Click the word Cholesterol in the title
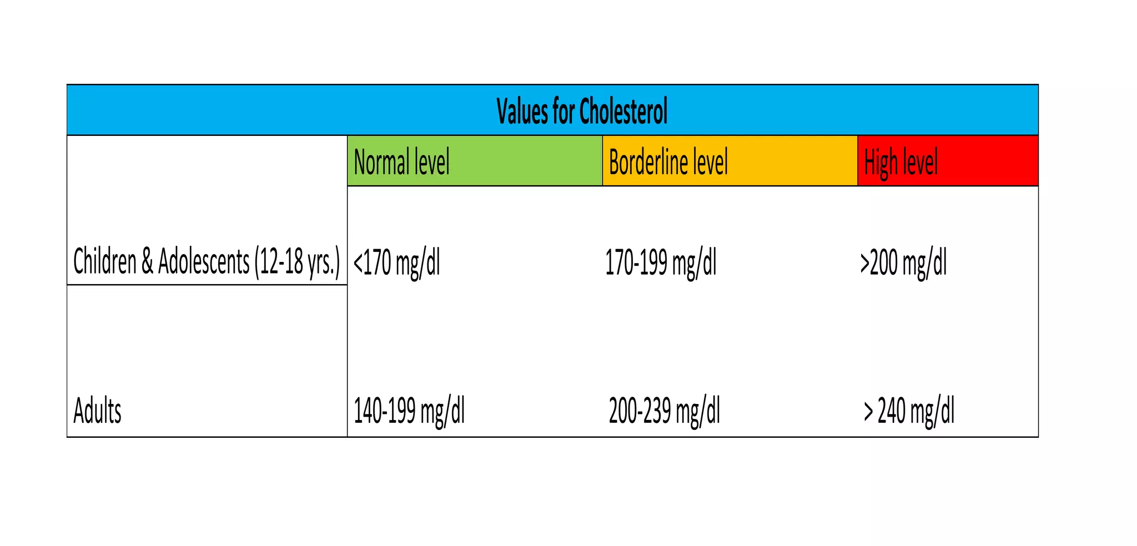coord(623,112)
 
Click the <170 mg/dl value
coord(396,262)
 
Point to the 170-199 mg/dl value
coord(661,262)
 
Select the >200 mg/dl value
coord(903,262)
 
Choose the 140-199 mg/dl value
coord(409,411)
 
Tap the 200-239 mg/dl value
coord(665,411)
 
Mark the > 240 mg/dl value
coord(909,411)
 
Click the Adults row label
coord(97,411)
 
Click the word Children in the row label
coord(105,261)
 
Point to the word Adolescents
coord(204,261)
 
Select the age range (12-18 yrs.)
coord(297,262)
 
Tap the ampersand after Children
coord(147,261)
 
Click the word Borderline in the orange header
coord(648,162)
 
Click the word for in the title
coord(564,112)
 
